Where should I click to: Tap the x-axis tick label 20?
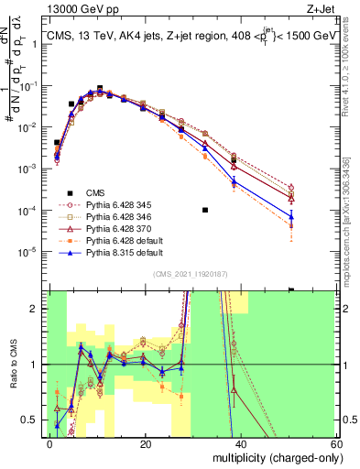click(x=145, y=443)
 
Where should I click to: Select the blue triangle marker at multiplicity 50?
click(x=291, y=217)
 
